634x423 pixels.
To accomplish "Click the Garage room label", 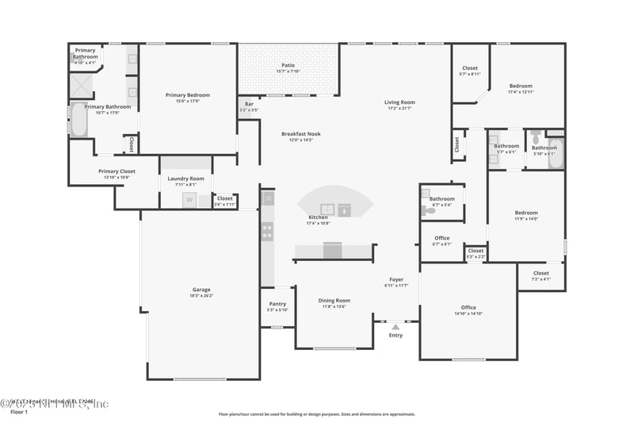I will tap(201, 289).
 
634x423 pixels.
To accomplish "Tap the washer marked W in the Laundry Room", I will tap(189, 201).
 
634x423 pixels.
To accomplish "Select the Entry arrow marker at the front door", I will tap(395, 325).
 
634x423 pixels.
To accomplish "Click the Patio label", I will tap(288, 65).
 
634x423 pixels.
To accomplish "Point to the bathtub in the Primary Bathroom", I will tap(78, 121).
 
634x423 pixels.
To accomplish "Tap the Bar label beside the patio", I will tap(248, 103).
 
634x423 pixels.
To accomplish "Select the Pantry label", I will tap(277, 303).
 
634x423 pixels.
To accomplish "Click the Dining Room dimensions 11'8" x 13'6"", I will tap(334, 306).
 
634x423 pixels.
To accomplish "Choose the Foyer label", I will tap(395, 279).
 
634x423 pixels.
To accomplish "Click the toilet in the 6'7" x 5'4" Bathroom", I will tap(430, 211).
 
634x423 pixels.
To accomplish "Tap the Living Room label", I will tap(399, 102).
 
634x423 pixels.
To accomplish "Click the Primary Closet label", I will tap(116, 171).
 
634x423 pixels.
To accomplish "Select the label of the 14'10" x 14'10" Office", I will tap(468, 307).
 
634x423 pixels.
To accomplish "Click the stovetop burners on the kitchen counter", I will tap(268, 233).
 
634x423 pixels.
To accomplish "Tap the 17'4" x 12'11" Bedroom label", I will tap(521, 86).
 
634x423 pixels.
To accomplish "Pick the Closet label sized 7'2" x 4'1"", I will tap(540, 273).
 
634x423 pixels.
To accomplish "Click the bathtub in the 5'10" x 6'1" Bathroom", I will tap(555, 153).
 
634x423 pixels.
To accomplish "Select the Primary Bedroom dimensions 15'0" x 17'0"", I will tap(188, 101).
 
